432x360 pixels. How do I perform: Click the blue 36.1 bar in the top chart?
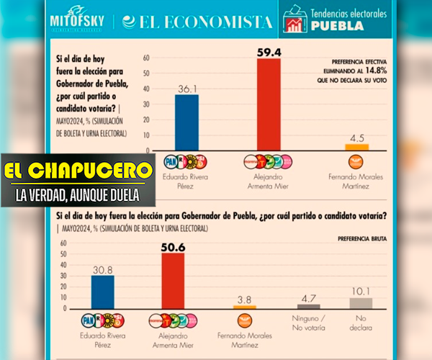[x=186, y=122]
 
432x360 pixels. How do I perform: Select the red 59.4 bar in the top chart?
[x=269, y=104]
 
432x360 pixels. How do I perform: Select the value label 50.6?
[x=172, y=247]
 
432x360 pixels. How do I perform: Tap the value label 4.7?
[x=308, y=297]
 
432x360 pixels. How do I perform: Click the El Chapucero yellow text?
[x=78, y=172]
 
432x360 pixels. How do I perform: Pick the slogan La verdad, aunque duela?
[x=78, y=194]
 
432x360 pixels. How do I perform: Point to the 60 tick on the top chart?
[x=146, y=58]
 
